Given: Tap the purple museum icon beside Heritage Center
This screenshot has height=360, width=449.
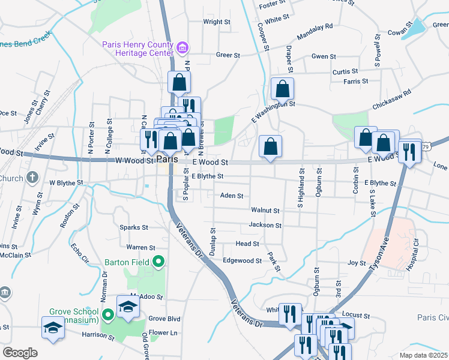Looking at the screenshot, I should point(184,47).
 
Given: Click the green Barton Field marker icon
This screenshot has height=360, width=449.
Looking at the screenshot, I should point(158,262).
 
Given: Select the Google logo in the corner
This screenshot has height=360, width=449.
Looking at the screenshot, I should point(20,353).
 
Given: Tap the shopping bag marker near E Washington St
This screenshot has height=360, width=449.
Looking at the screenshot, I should point(282,89).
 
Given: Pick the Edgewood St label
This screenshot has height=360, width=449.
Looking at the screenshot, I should point(242,261).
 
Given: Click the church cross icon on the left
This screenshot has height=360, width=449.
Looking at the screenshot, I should point(32,178).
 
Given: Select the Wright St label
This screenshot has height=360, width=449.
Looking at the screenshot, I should point(217,22).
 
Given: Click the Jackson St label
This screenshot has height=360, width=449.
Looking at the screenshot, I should point(265,225).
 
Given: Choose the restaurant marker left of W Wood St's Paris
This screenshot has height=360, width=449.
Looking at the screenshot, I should point(149,139).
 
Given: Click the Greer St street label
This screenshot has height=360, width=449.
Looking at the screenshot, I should point(228,55).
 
